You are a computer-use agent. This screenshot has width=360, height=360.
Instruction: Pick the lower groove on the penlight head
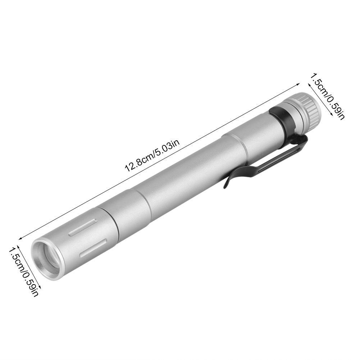click(94, 248)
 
